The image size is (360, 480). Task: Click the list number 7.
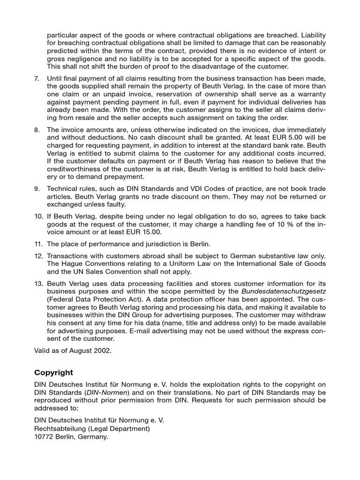tap(37, 78)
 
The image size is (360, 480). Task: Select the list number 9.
tap(37, 188)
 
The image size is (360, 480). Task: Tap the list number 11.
tap(38, 244)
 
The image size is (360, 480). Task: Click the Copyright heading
tap(54, 373)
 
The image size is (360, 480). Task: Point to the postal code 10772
tap(45, 437)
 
